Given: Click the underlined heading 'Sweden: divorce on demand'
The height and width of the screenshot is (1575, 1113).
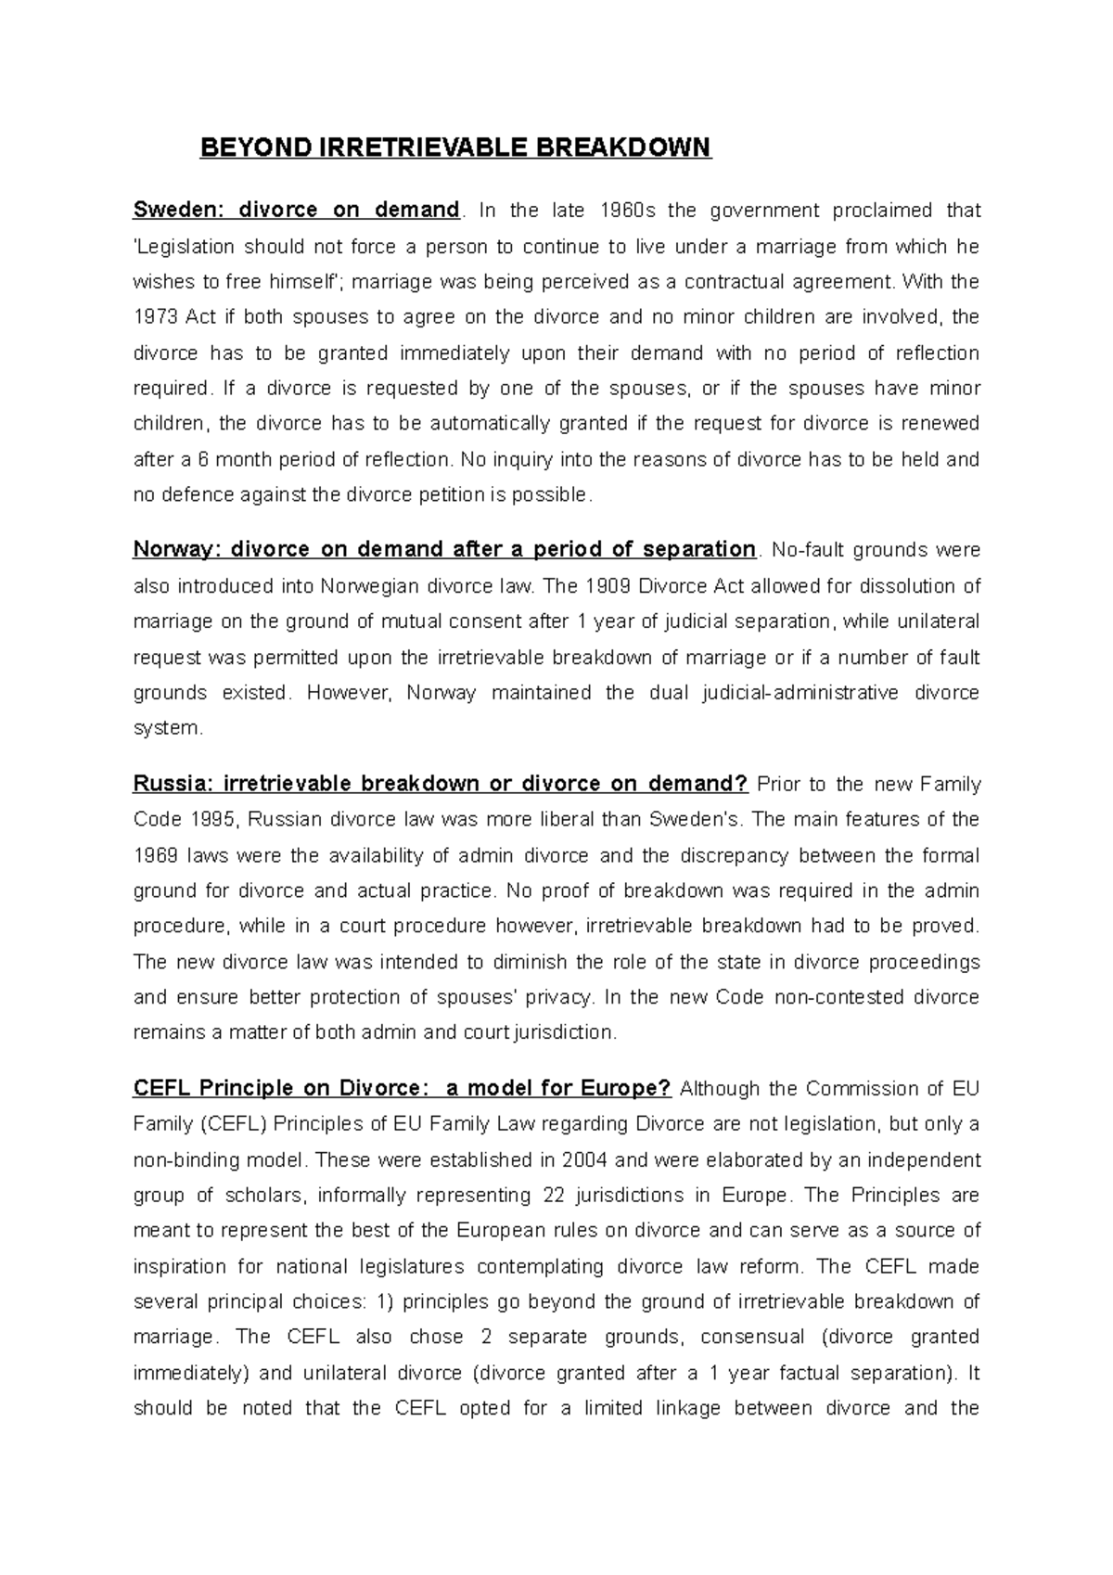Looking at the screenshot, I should pos(296,210).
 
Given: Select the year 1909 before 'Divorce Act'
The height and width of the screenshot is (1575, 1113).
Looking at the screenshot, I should pos(612,586).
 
